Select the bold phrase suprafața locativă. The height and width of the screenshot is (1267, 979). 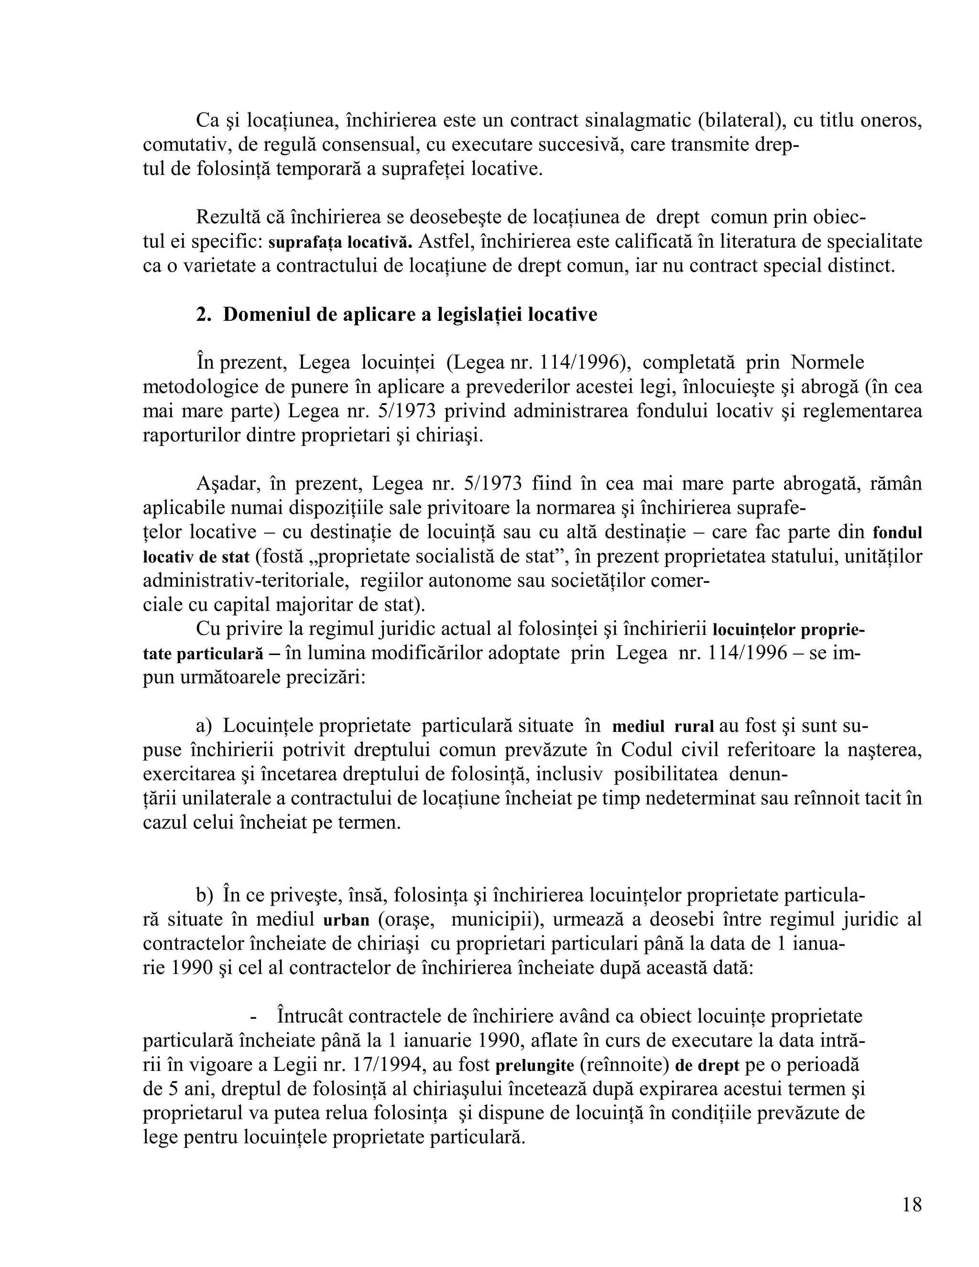point(340,242)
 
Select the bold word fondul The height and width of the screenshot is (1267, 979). point(897,533)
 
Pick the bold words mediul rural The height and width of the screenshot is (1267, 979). point(663,727)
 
